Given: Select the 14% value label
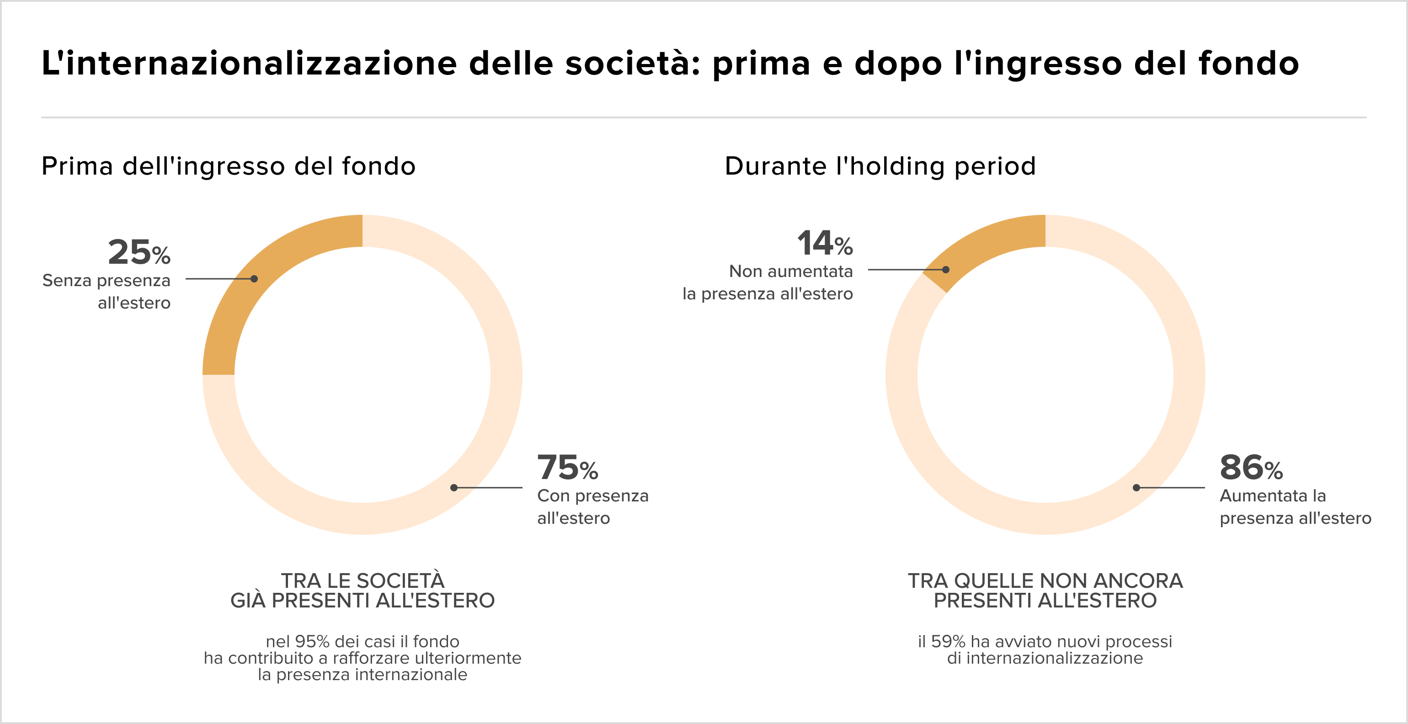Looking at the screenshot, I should (825, 244).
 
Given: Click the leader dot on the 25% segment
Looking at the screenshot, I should (254, 279).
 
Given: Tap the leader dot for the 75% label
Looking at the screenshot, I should (453, 487).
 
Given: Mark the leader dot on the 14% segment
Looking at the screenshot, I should (945, 269).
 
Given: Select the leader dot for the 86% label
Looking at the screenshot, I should (1136, 487).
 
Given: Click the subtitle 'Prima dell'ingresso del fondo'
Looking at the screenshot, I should (229, 166).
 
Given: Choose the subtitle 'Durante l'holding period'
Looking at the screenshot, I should (880, 166).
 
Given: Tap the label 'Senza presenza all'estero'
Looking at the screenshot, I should (107, 291).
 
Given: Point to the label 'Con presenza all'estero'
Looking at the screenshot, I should (592, 506).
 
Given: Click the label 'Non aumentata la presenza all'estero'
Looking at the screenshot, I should (768, 282).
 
